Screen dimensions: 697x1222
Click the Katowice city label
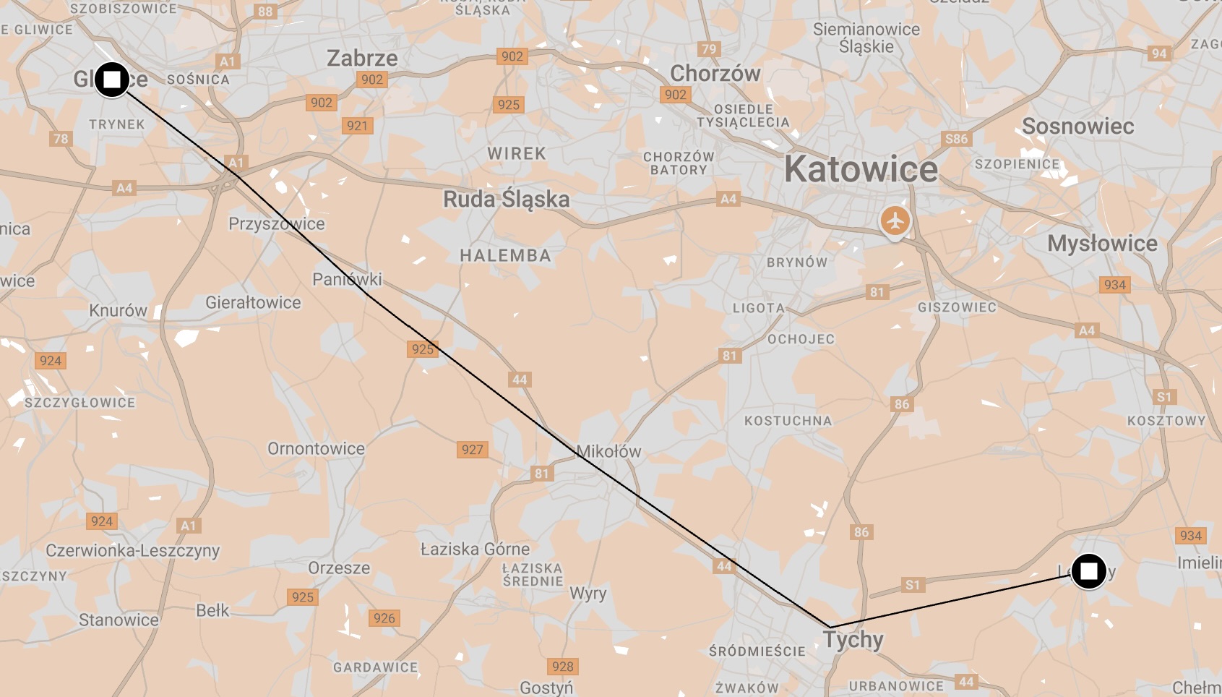click(x=861, y=170)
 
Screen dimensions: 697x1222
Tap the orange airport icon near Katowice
click(x=895, y=221)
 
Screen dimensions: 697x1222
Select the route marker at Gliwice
click(x=112, y=80)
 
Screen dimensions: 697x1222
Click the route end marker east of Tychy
click(x=1088, y=572)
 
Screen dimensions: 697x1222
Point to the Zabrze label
click(x=362, y=58)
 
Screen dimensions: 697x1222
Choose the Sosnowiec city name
click(x=1077, y=127)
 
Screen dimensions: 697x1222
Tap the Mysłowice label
click(x=1102, y=244)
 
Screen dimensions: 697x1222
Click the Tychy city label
click(x=853, y=640)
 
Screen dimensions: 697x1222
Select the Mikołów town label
click(x=608, y=452)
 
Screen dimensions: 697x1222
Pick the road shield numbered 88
click(x=265, y=12)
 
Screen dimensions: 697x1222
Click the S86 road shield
click(x=956, y=139)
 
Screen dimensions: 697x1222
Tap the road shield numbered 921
click(x=357, y=126)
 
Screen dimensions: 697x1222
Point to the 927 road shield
click(x=473, y=450)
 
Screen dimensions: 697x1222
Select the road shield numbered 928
click(x=562, y=667)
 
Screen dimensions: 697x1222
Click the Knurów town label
click(x=118, y=311)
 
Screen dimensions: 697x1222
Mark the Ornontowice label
click(x=316, y=449)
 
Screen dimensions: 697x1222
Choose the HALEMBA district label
click(x=505, y=256)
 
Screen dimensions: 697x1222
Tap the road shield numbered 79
click(x=709, y=49)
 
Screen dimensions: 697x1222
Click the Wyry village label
click(x=588, y=594)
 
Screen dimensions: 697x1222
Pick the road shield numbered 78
click(x=61, y=139)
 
